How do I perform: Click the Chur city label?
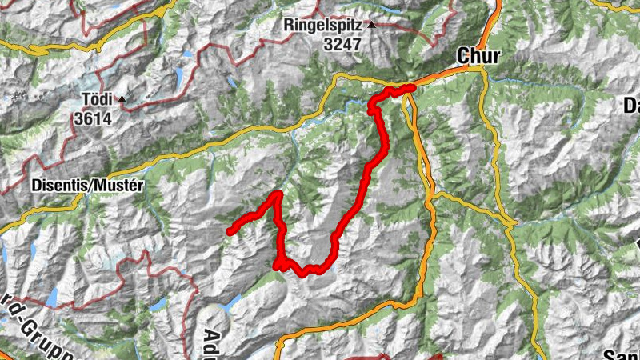click(478, 55)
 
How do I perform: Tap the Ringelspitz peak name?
click(325, 26)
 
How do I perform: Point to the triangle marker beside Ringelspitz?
click(371, 25)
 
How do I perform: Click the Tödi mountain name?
click(98, 101)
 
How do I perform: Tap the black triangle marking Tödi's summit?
click(122, 100)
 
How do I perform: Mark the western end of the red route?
click(230, 232)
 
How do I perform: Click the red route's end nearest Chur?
click(412, 87)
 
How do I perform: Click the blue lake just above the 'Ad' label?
click(232, 302)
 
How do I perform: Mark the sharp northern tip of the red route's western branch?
click(278, 194)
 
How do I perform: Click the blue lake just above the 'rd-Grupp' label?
click(52, 297)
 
